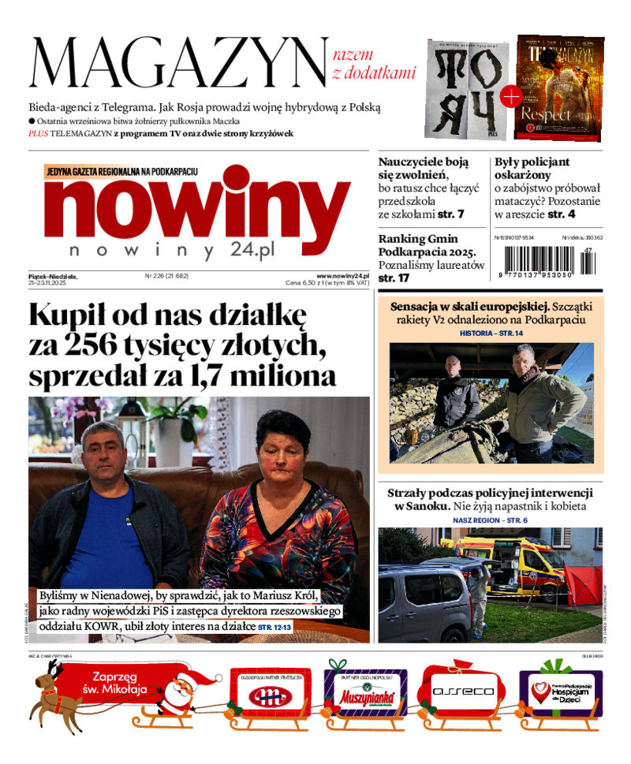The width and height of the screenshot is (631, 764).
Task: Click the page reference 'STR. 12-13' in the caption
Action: [x=274, y=627]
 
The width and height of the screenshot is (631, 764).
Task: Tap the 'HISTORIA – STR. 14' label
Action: [x=491, y=334]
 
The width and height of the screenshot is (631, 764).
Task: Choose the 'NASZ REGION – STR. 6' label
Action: [x=490, y=520]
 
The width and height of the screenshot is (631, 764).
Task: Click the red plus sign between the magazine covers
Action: [x=510, y=98]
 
